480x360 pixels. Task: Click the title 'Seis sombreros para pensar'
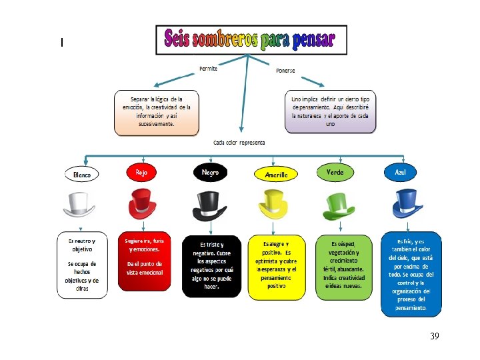tap(251, 40)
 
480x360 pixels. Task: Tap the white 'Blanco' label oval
tap(82, 174)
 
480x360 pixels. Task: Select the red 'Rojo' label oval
tap(142, 172)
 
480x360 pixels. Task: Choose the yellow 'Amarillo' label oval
tap(276, 174)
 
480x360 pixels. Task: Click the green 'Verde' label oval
tap(335, 172)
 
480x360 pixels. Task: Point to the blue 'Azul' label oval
tap(401, 172)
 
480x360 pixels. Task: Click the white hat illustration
tap(82, 205)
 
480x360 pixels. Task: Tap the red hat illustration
tap(143, 203)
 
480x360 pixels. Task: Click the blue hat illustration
tap(403, 203)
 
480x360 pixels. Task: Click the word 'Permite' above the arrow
tap(208, 68)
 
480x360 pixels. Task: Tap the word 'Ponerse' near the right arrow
tap(285, 71)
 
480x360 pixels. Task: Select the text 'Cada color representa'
tap(239, 142)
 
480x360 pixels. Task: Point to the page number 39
tap(435, 337)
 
